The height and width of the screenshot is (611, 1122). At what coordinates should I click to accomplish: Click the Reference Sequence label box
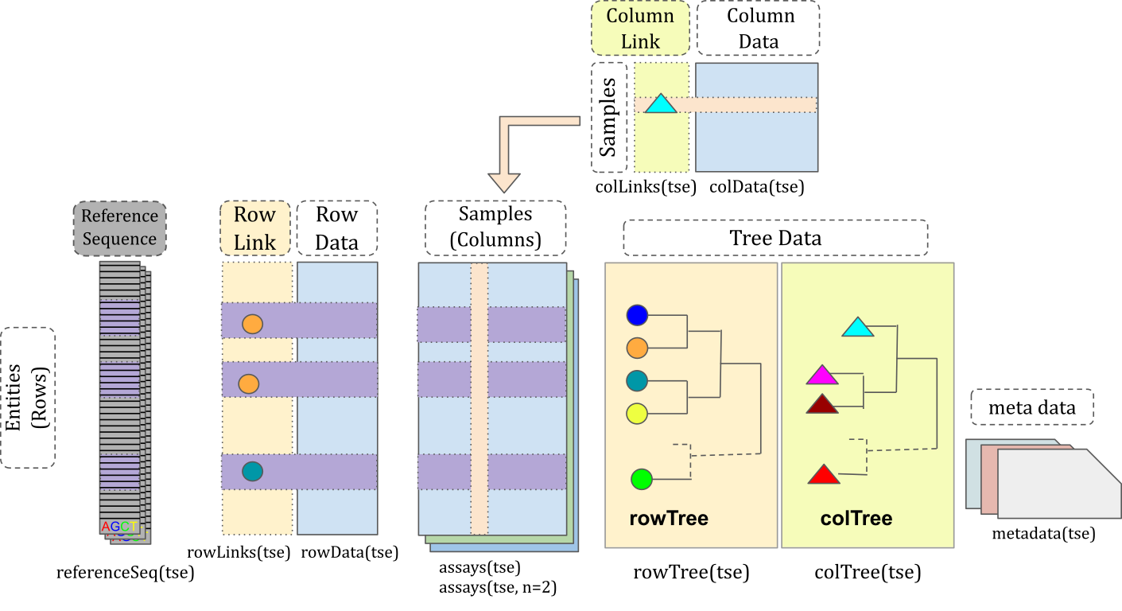pyautogui.click(x=120, y=228)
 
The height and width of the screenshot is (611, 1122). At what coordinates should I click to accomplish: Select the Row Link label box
pyautogui.click(x=254, y=228)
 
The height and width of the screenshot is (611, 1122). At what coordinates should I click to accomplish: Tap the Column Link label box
pyautogui.click(x=640, y=29)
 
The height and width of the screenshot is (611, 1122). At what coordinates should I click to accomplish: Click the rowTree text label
pyautogui.click(x=669, y=520)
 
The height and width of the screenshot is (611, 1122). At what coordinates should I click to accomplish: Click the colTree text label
pyautogui.click(x=856, y=520)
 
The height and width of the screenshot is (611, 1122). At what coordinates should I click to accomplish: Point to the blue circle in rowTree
pyautogui.click(x=637, y=316)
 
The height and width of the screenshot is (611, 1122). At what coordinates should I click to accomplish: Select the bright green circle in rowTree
pyautogui.click(x=642, y=479)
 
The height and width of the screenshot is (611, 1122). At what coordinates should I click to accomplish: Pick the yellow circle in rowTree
pyautogui.click(x=637, y=413)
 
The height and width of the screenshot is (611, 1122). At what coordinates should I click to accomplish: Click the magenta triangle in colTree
pyautogui.click(x=822, y=376)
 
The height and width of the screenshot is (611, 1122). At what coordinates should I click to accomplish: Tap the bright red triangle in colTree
pyautogui.click(x=824, y=476)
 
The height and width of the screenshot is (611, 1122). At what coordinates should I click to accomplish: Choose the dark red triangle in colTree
pyautogui.click(x=822, y=405)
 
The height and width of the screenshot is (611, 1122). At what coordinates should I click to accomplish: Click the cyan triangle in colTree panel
pyautogui.click(x=858, y=327)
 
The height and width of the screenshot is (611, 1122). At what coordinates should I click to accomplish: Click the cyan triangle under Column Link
pyautogui.click(x=660, y=104)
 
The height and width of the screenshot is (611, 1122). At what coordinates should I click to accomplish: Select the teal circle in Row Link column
pyautogui.click(x=252, y=472)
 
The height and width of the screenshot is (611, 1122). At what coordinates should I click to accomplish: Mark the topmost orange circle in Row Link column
pyautogui.click(x=252, y=324)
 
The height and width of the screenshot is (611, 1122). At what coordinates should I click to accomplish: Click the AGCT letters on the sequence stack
pyautogui.click(x=119, y=527)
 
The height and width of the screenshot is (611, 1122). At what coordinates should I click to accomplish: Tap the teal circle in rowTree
pyautogui.click(x=637, y=380)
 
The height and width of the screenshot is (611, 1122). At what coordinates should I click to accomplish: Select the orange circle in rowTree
pyautogui.click(x=637, y=348)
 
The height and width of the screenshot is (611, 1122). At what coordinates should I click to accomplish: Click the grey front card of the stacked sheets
pyautogui.click(x=1058, y=485)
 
